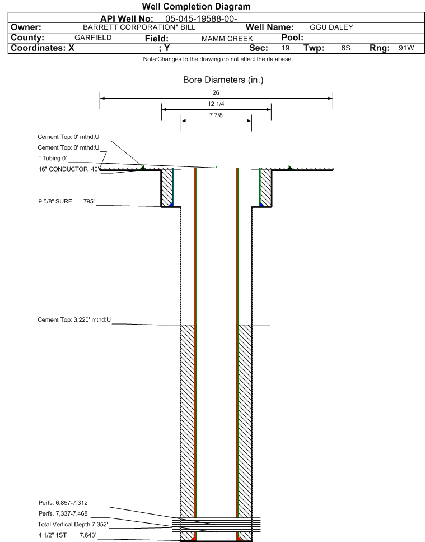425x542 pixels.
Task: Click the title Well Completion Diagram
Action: click(196, 7)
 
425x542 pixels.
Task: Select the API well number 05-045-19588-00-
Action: click(201, 18)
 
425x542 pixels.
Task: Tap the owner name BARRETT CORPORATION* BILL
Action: click(139, 27)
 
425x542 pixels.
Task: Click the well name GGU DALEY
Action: click(331, 27)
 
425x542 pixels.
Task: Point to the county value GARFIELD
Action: click(93, 38)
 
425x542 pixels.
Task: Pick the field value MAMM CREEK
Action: click(227, 39)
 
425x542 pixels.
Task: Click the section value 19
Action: click(285, 48)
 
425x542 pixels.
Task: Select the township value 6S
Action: click(345, 48)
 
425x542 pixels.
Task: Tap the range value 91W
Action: click(406, 48)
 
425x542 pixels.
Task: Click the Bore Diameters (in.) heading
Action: click(223, 80)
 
